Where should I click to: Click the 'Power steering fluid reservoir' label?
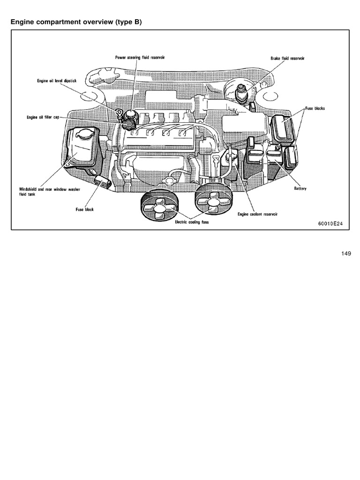140,57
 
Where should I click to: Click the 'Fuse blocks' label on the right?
315,108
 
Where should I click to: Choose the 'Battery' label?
300,188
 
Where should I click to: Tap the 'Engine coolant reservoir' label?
257,214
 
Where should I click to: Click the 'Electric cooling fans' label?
192,223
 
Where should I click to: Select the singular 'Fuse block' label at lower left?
85,210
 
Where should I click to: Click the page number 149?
346,254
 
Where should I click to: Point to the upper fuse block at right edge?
283,127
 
